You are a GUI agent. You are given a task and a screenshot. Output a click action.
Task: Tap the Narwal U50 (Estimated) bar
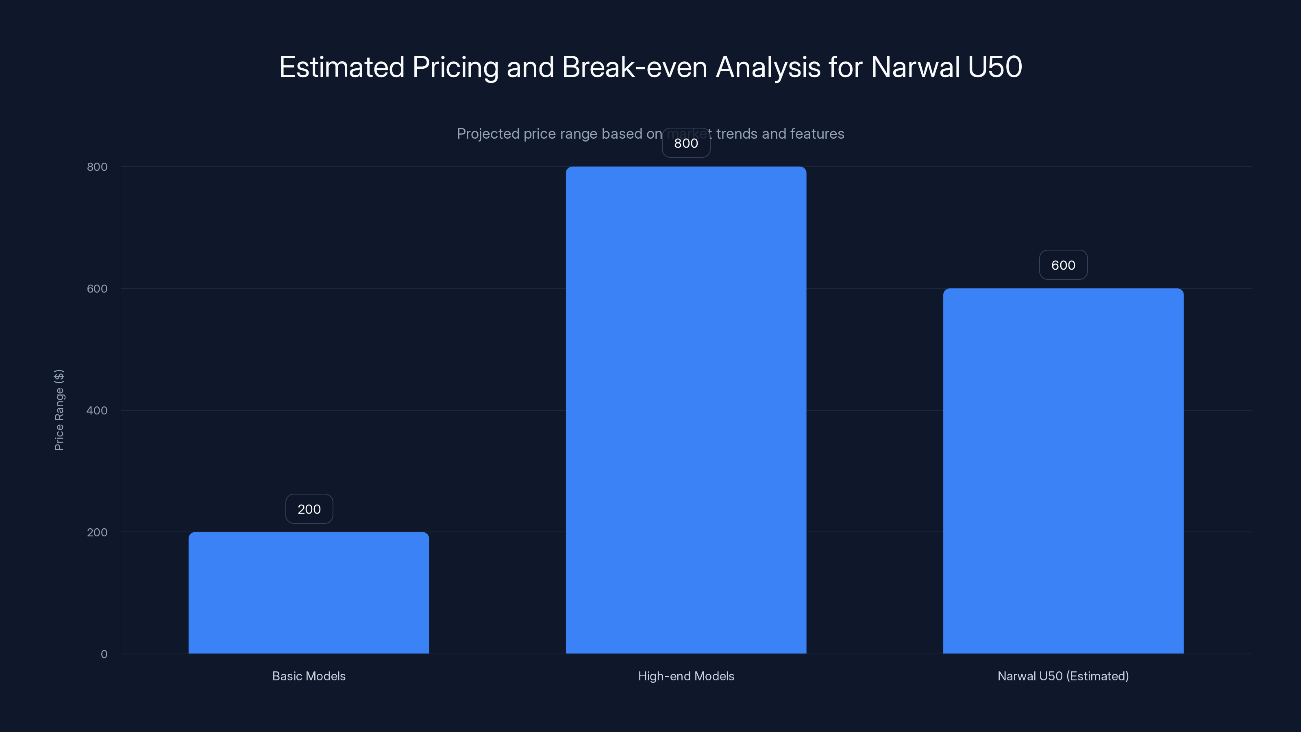(x=1063, y=471)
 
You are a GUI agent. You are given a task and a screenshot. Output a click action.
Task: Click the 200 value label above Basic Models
(x=309, y=509)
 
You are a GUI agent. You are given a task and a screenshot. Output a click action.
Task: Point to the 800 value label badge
(x=686, y=143)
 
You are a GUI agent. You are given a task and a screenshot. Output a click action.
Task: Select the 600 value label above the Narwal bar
(x=1063, y=265)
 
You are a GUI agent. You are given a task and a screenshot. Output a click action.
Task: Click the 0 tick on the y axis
(x=104, y=654)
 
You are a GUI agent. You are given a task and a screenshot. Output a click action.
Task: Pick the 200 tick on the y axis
(x=97, y=532)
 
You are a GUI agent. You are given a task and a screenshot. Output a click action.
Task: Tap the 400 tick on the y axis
(x=97, y=410)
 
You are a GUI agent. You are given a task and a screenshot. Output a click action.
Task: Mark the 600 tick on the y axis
(x=97, y=288)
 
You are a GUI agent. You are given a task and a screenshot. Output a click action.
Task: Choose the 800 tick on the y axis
(x=97, y=167)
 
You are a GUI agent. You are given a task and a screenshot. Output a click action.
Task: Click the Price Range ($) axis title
(x=59, y=410)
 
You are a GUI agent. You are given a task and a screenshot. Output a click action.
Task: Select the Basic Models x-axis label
(x=309, y=676)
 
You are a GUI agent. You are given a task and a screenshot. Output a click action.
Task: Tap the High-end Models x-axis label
(x=686, y=676)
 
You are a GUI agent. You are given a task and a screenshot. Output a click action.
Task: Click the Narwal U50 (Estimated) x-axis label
(x=1063, y=676)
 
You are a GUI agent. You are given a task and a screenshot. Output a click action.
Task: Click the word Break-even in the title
(x=634, y=67)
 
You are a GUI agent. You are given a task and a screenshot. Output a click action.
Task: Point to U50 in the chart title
(x=995, y=67)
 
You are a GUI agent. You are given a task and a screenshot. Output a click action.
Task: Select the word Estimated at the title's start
(x=342, y=67)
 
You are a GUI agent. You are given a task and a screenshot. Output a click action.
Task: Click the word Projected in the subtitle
(x=488, y=134)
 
